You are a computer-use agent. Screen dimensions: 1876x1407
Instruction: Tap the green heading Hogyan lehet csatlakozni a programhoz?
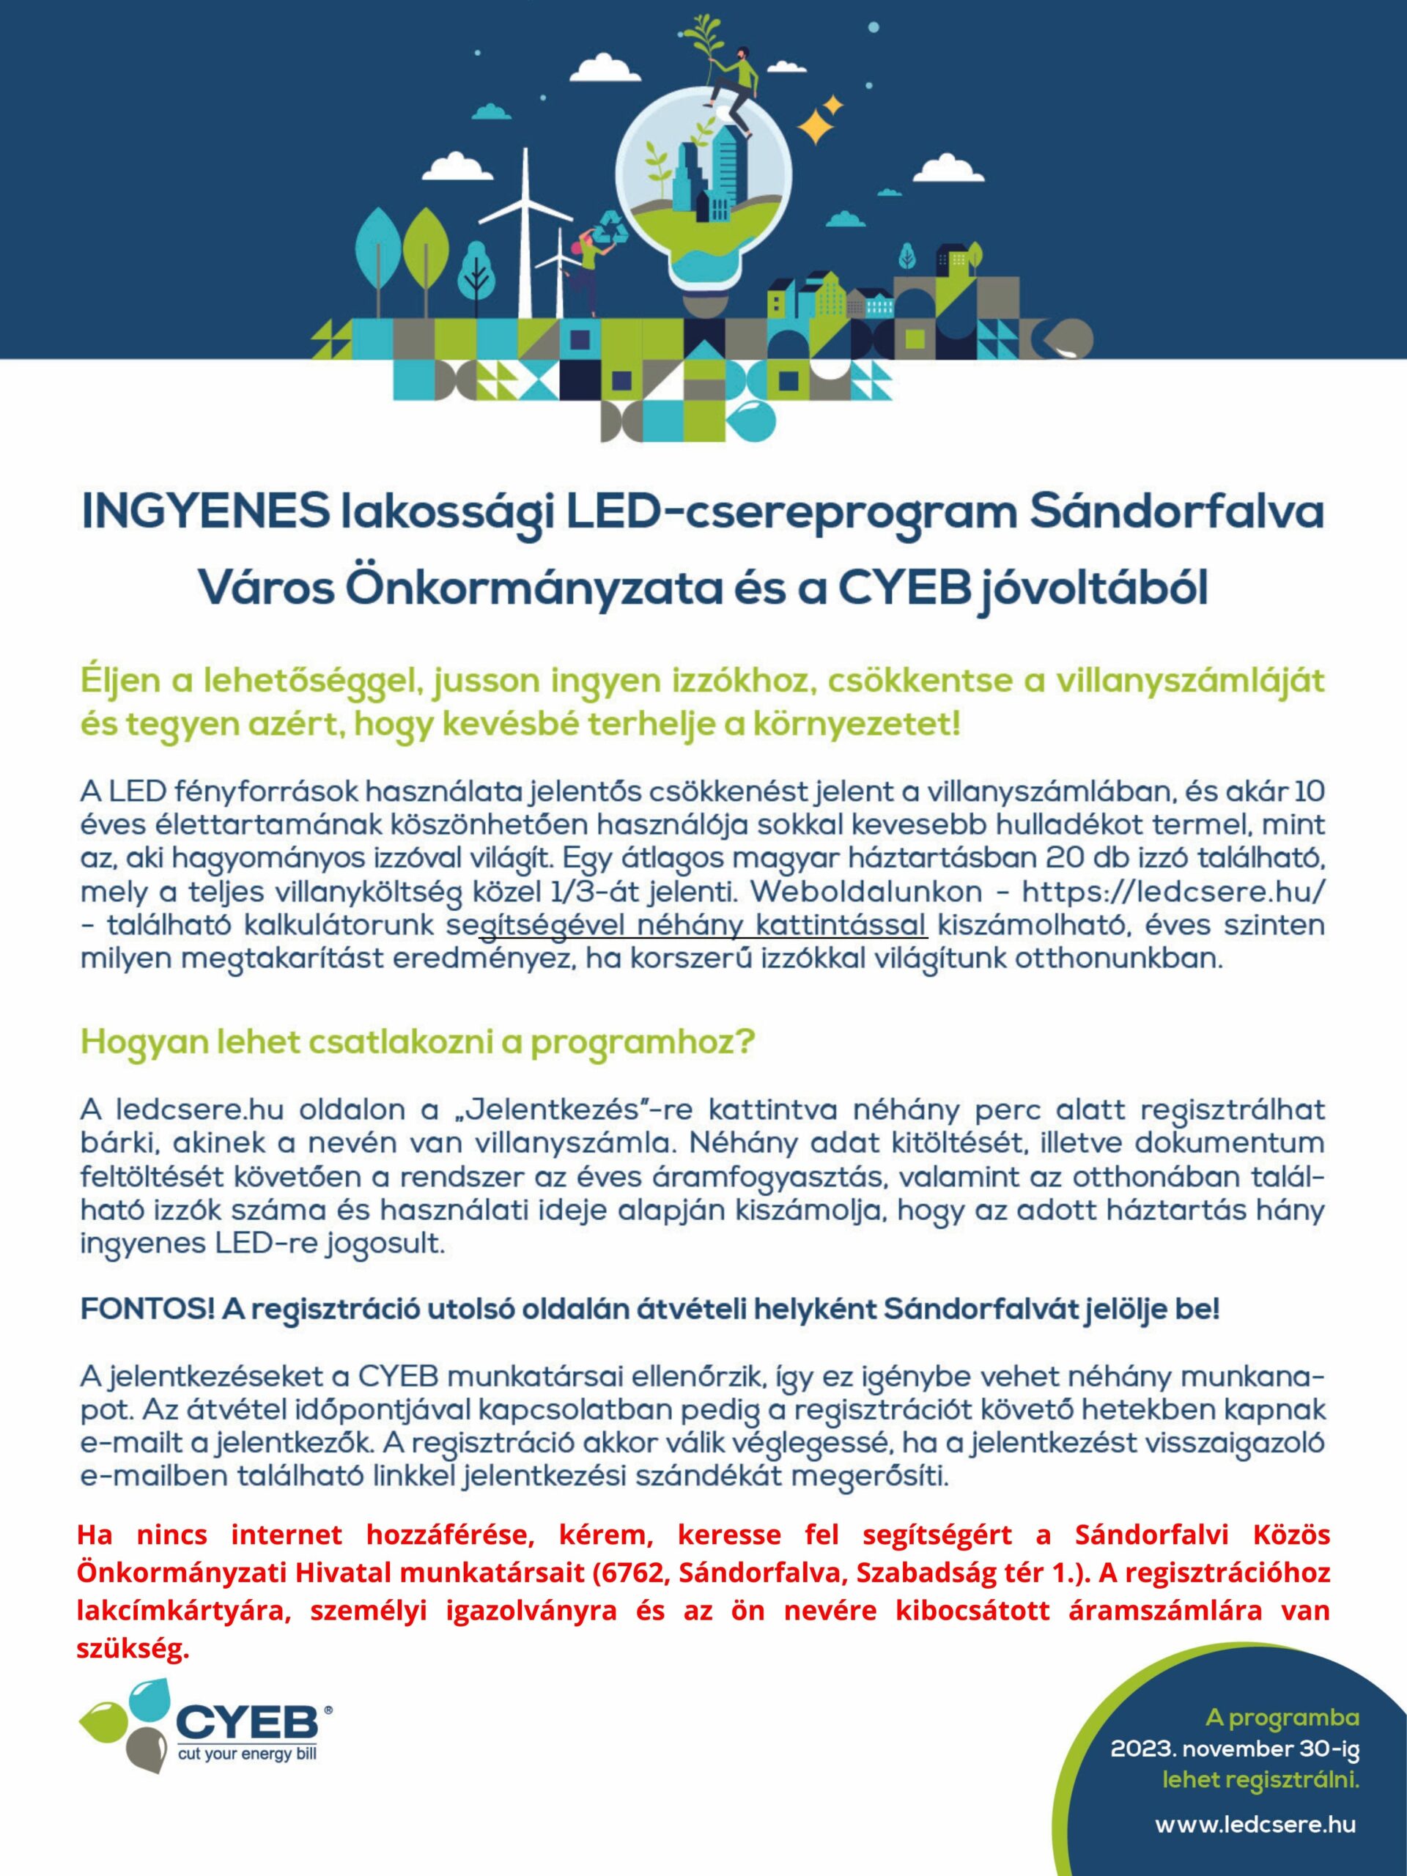click(x=416, y=1042)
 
